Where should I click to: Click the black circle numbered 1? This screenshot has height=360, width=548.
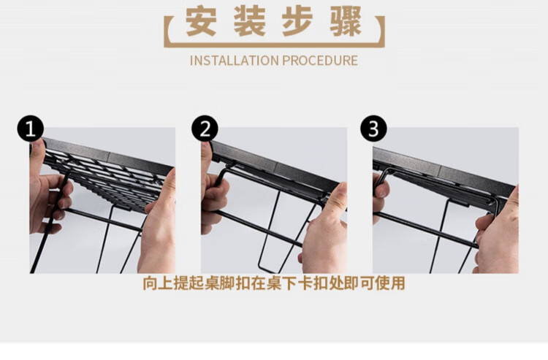pyautogui.click(x=31, y=129)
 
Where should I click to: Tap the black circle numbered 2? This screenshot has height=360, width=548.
pyautogui.click(x=205, y=129)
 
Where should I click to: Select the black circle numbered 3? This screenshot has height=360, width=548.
pyautogui.click(x=373, y=129)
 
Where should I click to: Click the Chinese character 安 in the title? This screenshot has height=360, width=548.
pyautogui.click(x=201, y=21)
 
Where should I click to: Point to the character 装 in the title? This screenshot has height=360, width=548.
pyautogui.click(x=250, y=21)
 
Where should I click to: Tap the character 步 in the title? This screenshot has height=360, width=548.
pyautogui.click(x=298, y=21)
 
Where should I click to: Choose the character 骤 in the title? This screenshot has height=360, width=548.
pyautogui.click(x=346, y=21)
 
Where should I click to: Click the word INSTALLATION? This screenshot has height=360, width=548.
pyautogui.click(x=234, y=61)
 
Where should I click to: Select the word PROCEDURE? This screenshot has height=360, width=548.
pyautogui.click(x=320, y=61)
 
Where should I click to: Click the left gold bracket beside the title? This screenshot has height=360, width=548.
pyautogui.click(x=167, y=31)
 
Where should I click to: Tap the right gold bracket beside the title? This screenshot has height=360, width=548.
pyautogui.click(x=382, y=31)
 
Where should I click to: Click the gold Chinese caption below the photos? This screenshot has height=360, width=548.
pyautogui.click(x=274, y=283)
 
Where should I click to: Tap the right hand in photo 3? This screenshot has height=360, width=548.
pyautogui.click(x=498, y=232)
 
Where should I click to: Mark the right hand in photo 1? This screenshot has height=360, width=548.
pyautogui.click(x=157, y=227)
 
